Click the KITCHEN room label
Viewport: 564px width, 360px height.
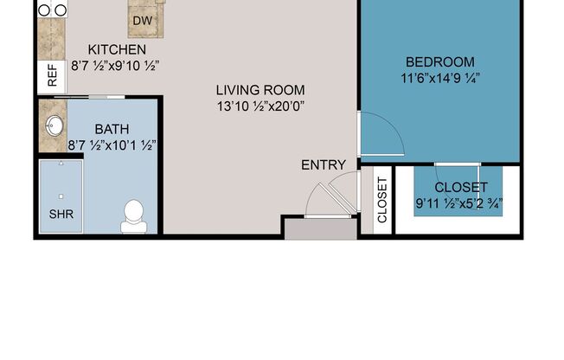click(118, 49)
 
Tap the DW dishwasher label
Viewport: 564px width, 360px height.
click(144, 20)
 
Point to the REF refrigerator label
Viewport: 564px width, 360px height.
click(52, 77)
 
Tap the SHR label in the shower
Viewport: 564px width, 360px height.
click(60, 214)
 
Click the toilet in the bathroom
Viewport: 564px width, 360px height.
click(134, 215)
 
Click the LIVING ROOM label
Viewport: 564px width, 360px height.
click(261, 90)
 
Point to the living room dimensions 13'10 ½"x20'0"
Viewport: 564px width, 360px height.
click(261, 106)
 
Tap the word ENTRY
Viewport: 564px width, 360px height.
click(323, 164)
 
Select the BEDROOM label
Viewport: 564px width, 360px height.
click(440, 61)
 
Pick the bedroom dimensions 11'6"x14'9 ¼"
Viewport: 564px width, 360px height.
click(440, 78)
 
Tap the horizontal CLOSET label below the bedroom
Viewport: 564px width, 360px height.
click(460, 187)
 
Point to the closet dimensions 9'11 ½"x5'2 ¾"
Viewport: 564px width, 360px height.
click(458, 203)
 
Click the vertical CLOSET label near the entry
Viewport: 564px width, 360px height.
click(382, 201)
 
